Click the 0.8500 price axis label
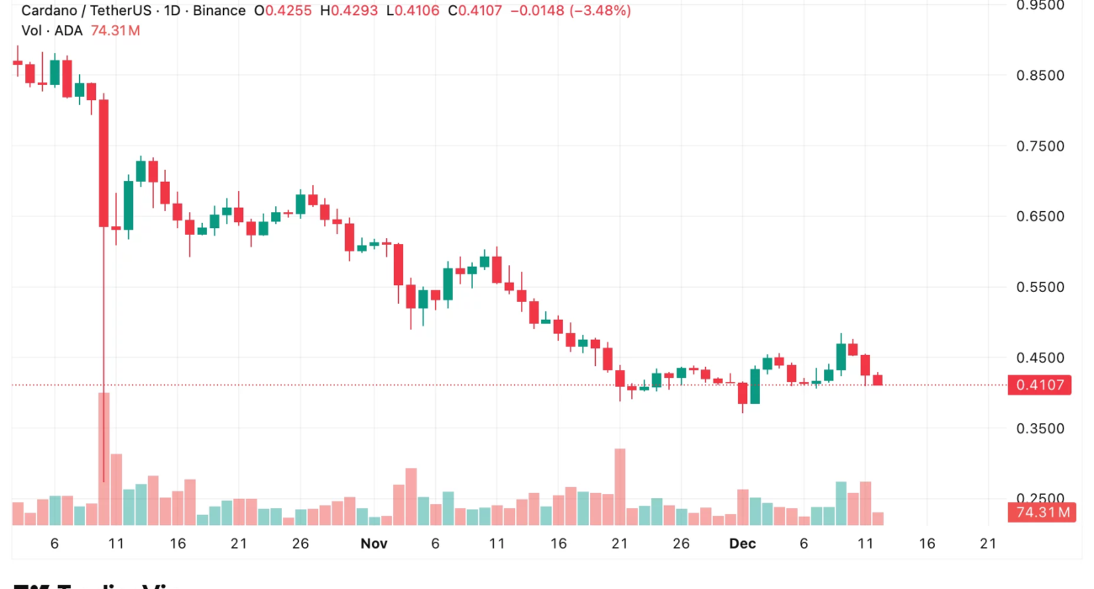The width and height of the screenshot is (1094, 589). (x=1040, y=76)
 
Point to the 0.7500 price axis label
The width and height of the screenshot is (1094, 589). (x=1040, y=146)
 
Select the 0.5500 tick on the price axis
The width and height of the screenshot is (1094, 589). (x=1040, y=288)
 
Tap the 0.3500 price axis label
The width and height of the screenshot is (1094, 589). (x=1040, y=429)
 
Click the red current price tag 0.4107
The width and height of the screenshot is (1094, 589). (x=1040, y=385)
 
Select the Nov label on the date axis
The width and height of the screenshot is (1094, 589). (x=374, y=544)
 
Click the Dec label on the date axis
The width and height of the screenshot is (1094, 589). (x=742, y=544)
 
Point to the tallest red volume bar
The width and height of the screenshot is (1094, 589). (x=104, y=459)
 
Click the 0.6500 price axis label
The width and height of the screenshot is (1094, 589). (x=1040, y=217)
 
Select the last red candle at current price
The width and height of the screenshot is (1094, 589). (x=878, y=380)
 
